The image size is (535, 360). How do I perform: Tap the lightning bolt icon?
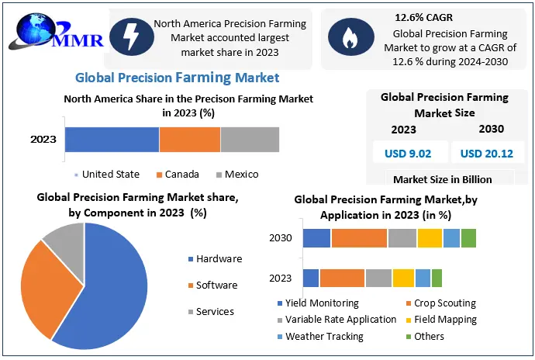131,37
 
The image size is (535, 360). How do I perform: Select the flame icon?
350,37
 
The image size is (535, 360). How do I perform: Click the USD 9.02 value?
408,154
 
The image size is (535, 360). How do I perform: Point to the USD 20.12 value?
487,154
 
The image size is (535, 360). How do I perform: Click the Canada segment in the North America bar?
190,140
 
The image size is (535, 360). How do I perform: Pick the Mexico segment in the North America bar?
250,140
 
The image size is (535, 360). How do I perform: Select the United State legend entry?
107,175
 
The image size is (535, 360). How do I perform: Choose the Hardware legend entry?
216,259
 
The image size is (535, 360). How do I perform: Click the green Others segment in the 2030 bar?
468,238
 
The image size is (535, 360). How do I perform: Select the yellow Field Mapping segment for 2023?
403,278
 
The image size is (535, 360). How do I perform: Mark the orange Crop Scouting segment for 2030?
359,238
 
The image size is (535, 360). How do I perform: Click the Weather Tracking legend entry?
320,337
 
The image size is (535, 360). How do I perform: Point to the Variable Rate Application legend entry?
337,320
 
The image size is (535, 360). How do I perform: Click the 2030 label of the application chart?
281,237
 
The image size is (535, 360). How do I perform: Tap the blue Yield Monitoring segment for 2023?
311,278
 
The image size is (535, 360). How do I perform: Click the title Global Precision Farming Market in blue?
178,78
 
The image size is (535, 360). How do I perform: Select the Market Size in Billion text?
443,180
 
